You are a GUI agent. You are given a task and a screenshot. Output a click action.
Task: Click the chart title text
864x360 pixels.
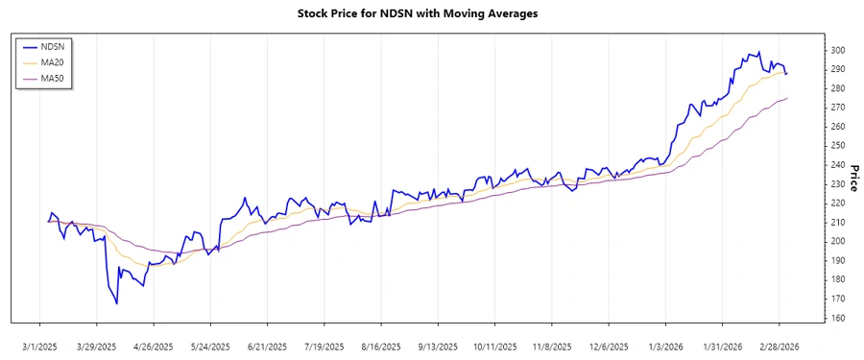431,13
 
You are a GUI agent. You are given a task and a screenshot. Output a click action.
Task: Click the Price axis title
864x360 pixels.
852,164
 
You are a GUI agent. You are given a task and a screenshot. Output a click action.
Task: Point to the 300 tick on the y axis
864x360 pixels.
837,50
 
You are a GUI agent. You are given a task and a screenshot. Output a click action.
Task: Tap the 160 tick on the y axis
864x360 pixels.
837,318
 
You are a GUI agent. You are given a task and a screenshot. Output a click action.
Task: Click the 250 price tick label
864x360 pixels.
837,146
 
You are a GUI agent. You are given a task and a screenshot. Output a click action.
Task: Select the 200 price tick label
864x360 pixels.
837,241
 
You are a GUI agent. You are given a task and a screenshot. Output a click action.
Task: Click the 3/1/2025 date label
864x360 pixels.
39,346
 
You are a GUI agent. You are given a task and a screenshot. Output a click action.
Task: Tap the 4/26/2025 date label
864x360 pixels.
152,346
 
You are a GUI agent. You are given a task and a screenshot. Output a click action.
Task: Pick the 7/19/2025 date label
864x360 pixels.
323,346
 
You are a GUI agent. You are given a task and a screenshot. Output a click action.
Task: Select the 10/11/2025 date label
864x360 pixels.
495,346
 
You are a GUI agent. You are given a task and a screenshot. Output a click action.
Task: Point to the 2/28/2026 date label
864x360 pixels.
779,346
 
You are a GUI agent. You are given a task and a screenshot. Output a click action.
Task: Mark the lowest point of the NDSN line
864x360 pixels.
117,304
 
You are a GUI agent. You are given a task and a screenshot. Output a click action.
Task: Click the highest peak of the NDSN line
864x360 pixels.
760,52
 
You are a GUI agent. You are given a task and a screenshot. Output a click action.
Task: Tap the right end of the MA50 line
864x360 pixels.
787,98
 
